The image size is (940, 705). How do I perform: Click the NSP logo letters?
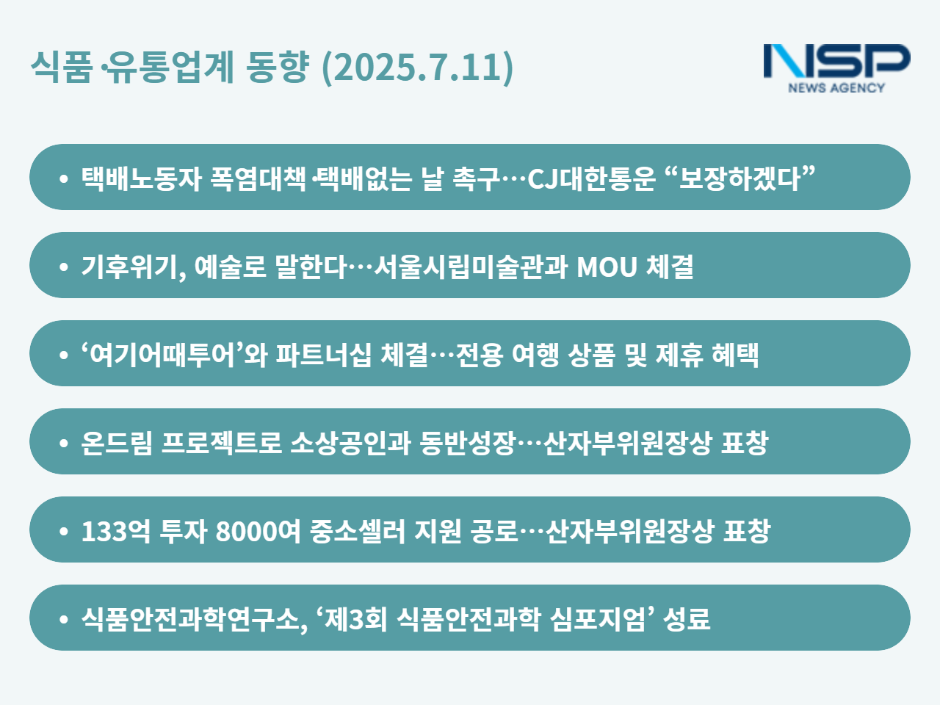click(x=836, y=61)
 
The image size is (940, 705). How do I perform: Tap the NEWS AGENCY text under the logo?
click(x=836, y=87)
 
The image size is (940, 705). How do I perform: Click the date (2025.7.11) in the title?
click(x=417, y=68)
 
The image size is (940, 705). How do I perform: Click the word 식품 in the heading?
click(x=62, y=66)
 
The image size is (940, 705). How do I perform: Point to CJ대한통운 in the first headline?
click(x=591, y=178)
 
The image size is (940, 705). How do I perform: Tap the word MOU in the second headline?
click(x=607, y=267)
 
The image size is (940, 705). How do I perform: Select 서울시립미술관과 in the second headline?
click(x=471, y=267)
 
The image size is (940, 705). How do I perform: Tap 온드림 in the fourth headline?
click(x=117, y=443)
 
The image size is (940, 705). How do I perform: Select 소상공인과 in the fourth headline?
click(x=351, y=443)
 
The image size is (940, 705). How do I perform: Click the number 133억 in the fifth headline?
click(x=115, y=531)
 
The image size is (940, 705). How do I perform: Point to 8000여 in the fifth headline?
click(x=258, y=531)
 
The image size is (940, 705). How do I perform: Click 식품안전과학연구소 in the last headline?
click(x=190, y=619)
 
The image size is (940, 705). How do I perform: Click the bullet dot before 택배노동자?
click(x=64, y=178)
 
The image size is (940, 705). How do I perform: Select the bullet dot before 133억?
click(x=64, y=531)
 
